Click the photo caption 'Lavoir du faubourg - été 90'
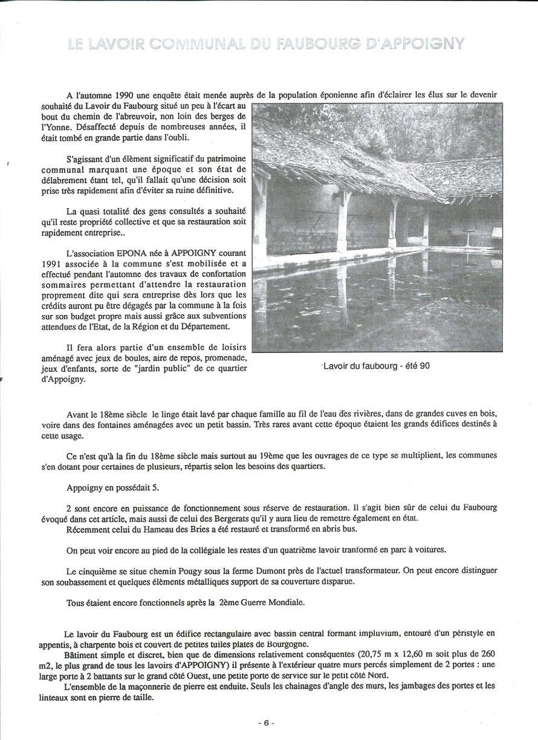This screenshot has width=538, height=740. point(377,366)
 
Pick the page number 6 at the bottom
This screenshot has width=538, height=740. point(268,722)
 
